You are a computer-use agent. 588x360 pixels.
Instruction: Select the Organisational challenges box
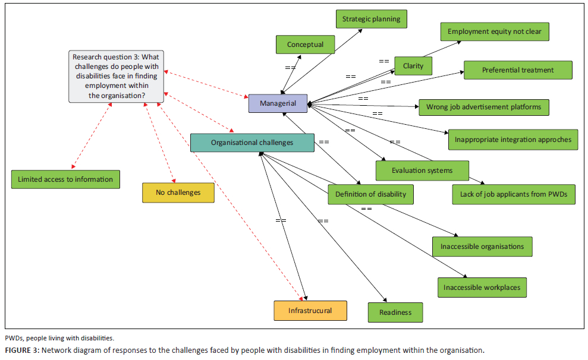pyautogui.click(x=252, y=143)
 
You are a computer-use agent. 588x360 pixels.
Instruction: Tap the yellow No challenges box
pyautogui.click(x=178, y=192)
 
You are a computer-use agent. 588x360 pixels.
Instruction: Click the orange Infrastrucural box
pyautogui.click(x=310, y=311)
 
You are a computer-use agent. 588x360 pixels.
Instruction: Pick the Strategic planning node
pyautogui.click(x=372, y=19)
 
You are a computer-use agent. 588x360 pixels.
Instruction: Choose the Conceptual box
pyautogui.click(x=305, y=45)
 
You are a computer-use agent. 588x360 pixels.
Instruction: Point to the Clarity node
pyautogui.click(x=413, y=66)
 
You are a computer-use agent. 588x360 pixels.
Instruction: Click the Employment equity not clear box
pyautogui.click(x=495, y=31)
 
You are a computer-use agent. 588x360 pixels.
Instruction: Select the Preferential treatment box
pyautogui.click(x=518, y=70)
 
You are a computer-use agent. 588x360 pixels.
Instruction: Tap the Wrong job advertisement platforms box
pyautogui.click(x=484, y=108)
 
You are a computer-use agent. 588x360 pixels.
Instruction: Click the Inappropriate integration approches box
pyautogui.click(x=512, y=140)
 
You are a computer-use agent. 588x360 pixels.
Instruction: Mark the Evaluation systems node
pyautogui.click(x=422, y=170)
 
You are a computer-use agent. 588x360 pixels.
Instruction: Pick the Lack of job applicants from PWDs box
pyautogui.click(x=514, y=194)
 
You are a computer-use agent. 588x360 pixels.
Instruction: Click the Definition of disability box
pyautogui.click(x=370, y=194)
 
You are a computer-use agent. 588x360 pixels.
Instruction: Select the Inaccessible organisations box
pyautogui.click(x=482, y=247)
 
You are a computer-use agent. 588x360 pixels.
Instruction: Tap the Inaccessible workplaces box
pyautogui.click(x=482, y=288)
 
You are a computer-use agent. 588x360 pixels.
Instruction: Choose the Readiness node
pyautogui.click(x=395, y=312)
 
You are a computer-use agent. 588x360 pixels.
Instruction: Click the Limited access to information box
pyautogui.click(x=65, y=179)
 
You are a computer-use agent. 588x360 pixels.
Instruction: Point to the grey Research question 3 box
pyautogui.click(x=117, y=76)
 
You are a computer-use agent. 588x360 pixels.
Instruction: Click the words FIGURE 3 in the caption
pyautogui.click(x=21, y=350)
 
